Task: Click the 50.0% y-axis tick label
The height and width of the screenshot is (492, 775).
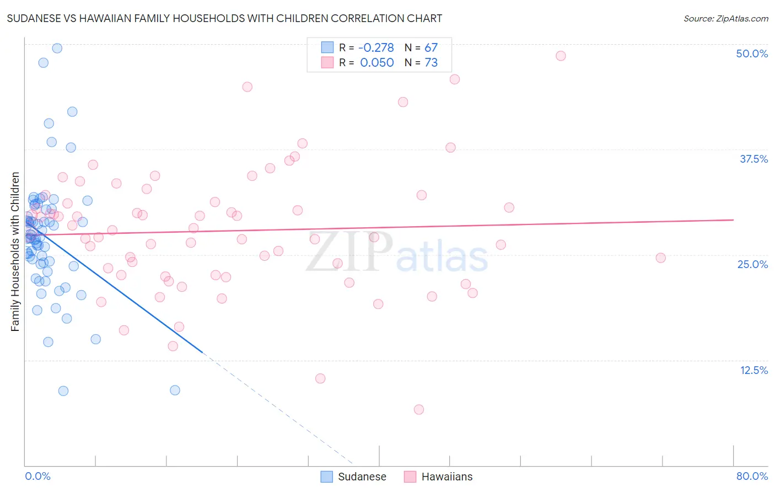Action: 752,54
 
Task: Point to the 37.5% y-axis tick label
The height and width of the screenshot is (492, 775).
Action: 754,159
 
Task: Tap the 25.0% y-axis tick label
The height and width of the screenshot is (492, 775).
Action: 752,264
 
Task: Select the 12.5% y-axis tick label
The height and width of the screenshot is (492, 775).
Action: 754,370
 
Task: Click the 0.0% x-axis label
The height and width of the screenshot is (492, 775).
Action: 37,476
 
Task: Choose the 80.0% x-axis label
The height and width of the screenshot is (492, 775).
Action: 752,476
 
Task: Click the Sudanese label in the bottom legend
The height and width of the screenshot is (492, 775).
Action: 362,477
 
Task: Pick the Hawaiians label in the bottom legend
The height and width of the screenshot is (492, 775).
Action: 446,477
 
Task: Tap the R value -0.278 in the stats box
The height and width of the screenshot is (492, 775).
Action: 376,48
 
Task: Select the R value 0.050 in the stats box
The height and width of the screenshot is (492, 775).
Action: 377,63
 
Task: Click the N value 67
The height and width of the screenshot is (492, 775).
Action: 431,48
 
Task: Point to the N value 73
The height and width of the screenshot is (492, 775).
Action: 431,63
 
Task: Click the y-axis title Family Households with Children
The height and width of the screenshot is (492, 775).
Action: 15,252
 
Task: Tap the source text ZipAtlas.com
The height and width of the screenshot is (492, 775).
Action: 725,19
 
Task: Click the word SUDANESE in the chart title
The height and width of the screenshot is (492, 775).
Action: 35,19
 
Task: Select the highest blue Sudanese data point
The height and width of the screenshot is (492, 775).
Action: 57,48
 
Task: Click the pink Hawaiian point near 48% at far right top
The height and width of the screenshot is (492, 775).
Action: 561,56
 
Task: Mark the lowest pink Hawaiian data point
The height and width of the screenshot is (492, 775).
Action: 419,409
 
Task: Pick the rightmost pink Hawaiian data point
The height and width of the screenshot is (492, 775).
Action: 660,258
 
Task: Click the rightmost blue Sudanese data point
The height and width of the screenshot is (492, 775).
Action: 175,390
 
